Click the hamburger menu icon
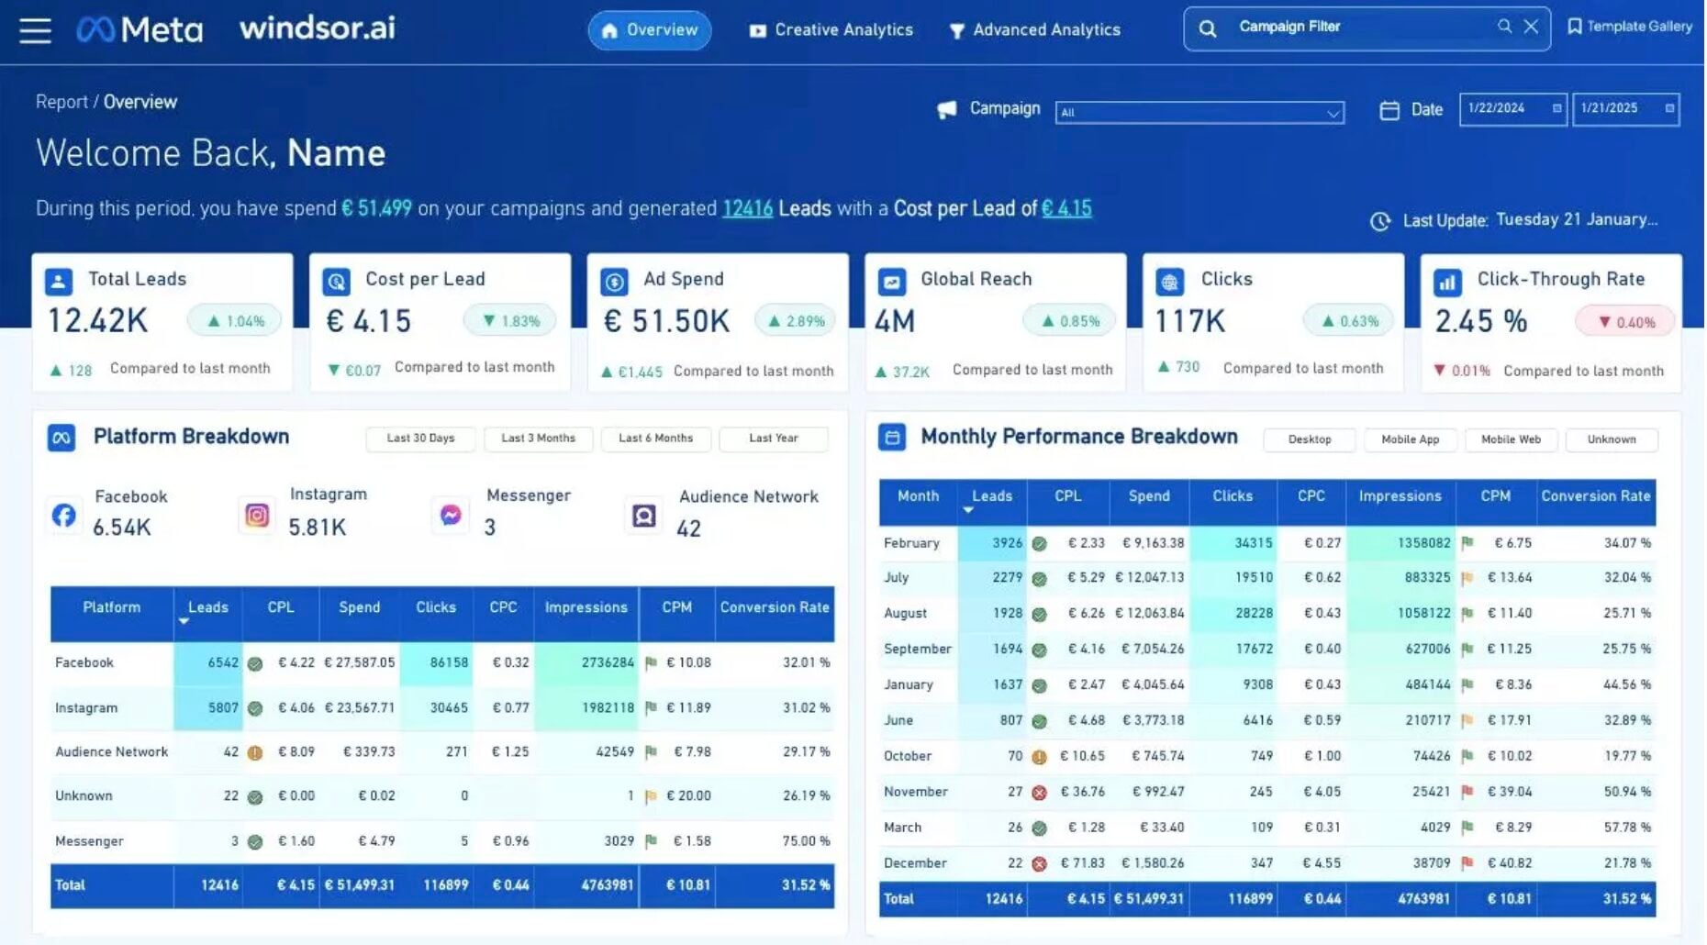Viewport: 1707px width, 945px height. (35, 30)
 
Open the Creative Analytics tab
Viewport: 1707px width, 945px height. (831, 30)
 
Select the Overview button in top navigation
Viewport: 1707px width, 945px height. (650, 30)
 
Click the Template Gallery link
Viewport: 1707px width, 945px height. (1630, 27)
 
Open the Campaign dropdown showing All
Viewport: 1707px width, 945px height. (1199, 113)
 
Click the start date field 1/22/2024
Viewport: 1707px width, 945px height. (1512, 108)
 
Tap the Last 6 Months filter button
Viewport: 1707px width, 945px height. (655, 439)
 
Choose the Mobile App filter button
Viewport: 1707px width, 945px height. (1410, 439)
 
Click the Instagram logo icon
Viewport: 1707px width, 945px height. (257, 516)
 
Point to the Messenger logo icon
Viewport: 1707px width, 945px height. (451, 516)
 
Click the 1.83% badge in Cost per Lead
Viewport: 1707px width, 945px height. (510, 321)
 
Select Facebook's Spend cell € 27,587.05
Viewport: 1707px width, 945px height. (360, 662)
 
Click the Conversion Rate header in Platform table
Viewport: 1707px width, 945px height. (774, 607)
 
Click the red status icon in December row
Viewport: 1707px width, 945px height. (1039, 864)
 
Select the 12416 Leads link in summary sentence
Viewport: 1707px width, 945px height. (747, 209)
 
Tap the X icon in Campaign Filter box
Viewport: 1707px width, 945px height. (1531, 27)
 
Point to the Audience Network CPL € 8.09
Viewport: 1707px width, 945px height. (296, 752)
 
